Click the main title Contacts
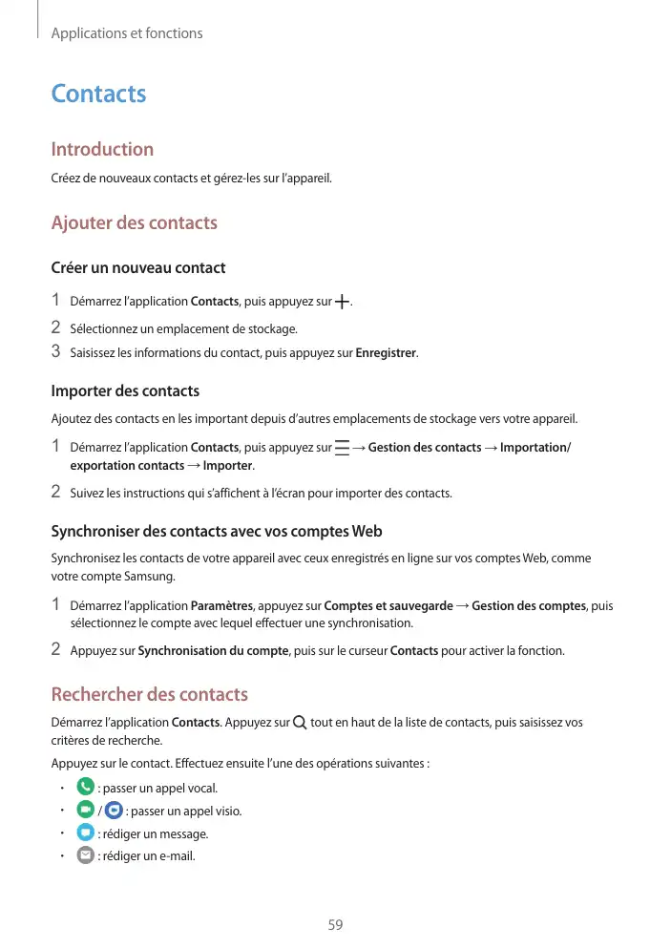point(98,94)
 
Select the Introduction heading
point(101,149)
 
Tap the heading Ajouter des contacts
point(134,222)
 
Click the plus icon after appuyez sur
point(342,302)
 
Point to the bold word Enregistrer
point(386,353)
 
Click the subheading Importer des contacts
point(125,390)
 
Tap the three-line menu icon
point(342,447)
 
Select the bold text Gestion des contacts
point(425,447)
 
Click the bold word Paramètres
point(221,605)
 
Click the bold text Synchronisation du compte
point(214,651)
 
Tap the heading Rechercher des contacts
point(149,694)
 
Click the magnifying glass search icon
point(301,723)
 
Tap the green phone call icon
point(85,788)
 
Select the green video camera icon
point(85,811)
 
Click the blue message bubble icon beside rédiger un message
point(85,833)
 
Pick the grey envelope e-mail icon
point(85,855)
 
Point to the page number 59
point(335,925)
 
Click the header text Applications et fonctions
point(127,33)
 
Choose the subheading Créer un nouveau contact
point(137,267)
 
